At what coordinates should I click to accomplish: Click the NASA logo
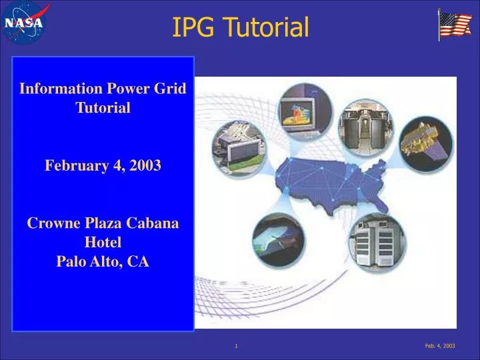pyautogui.click(x=25, y=23)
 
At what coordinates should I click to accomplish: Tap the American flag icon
pyautogui.click(x=455, y=25)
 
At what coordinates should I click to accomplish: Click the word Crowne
pyautogui.click(x=50, y=224)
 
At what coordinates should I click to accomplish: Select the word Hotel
pyautogui.click(x=103, y=243)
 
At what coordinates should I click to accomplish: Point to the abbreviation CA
pyautogui.click(x=139, y=262)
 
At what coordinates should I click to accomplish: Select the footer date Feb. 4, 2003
pyautogui.click(x=440, y=346)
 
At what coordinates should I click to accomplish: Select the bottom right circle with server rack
pyautogui.click(x=377, y=241)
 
